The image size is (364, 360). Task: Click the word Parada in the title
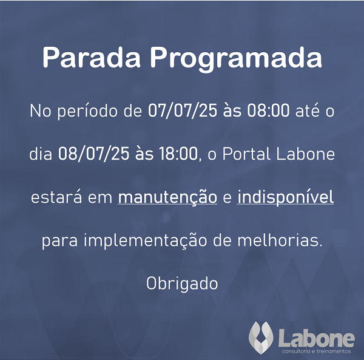(92, 57)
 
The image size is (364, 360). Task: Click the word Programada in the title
(236, 59)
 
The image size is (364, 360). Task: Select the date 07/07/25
(183, 110)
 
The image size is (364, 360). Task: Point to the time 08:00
(268, 110)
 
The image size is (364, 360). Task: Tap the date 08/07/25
(93, 154)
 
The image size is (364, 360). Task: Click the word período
(88, 112)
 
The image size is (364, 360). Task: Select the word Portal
(246, 154)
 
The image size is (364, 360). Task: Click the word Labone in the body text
(306, 154)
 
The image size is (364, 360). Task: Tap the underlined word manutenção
(167, 198)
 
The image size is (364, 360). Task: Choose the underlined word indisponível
(285, 198)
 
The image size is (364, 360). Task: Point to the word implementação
(146, 241)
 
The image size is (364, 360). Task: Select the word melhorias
(280, 240)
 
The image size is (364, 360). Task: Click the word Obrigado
(182, 284)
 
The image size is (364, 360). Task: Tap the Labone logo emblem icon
(261, 338)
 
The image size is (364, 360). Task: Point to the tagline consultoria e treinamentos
(317, 351)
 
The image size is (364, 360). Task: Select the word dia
(41, 154)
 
